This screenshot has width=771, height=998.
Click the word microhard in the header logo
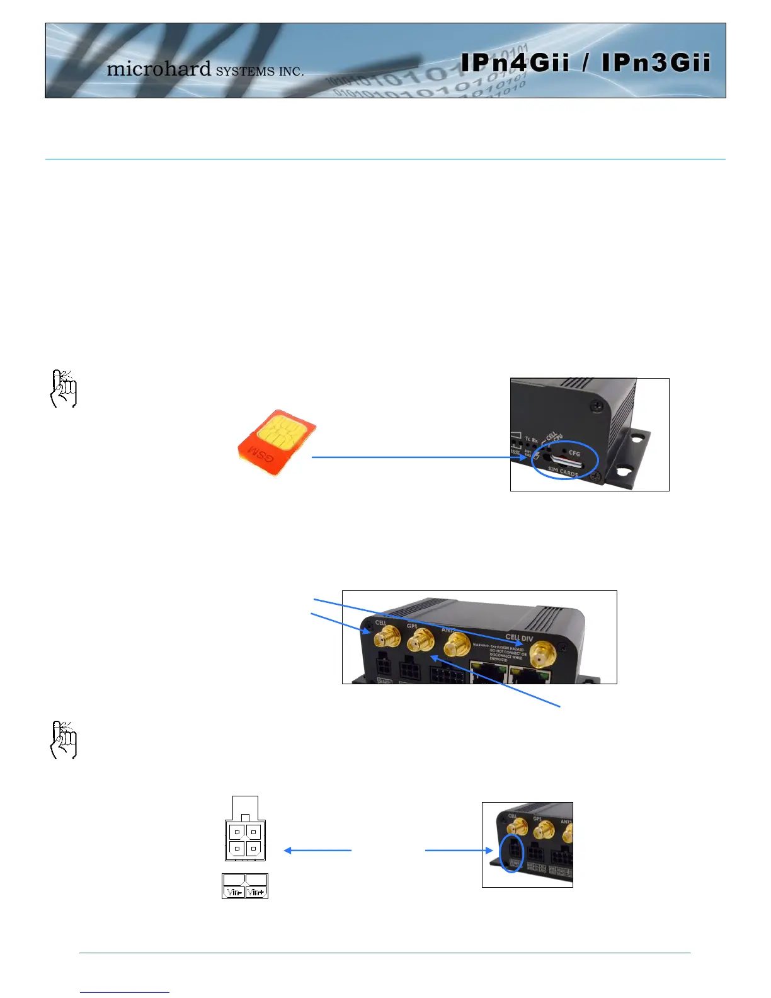point(159,68)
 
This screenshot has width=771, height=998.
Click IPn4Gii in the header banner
point(515,63)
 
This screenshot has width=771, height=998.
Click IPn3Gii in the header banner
point(656,63)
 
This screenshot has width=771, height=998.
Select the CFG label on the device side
point(574,453)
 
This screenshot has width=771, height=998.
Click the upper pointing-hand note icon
point(63,389)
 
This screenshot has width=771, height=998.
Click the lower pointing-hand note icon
point(63,740)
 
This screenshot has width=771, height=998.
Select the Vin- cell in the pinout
point(234,892)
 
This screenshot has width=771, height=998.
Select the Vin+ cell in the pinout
point(256,892)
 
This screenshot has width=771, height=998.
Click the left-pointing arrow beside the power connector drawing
point(317,851)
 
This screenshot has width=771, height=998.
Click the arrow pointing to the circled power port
point(459,851)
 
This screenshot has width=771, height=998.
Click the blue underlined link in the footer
point(125,992)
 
